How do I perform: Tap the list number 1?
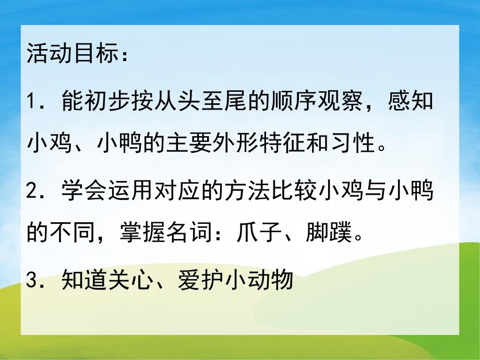click(32, 101)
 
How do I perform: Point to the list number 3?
click(32, 282)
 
